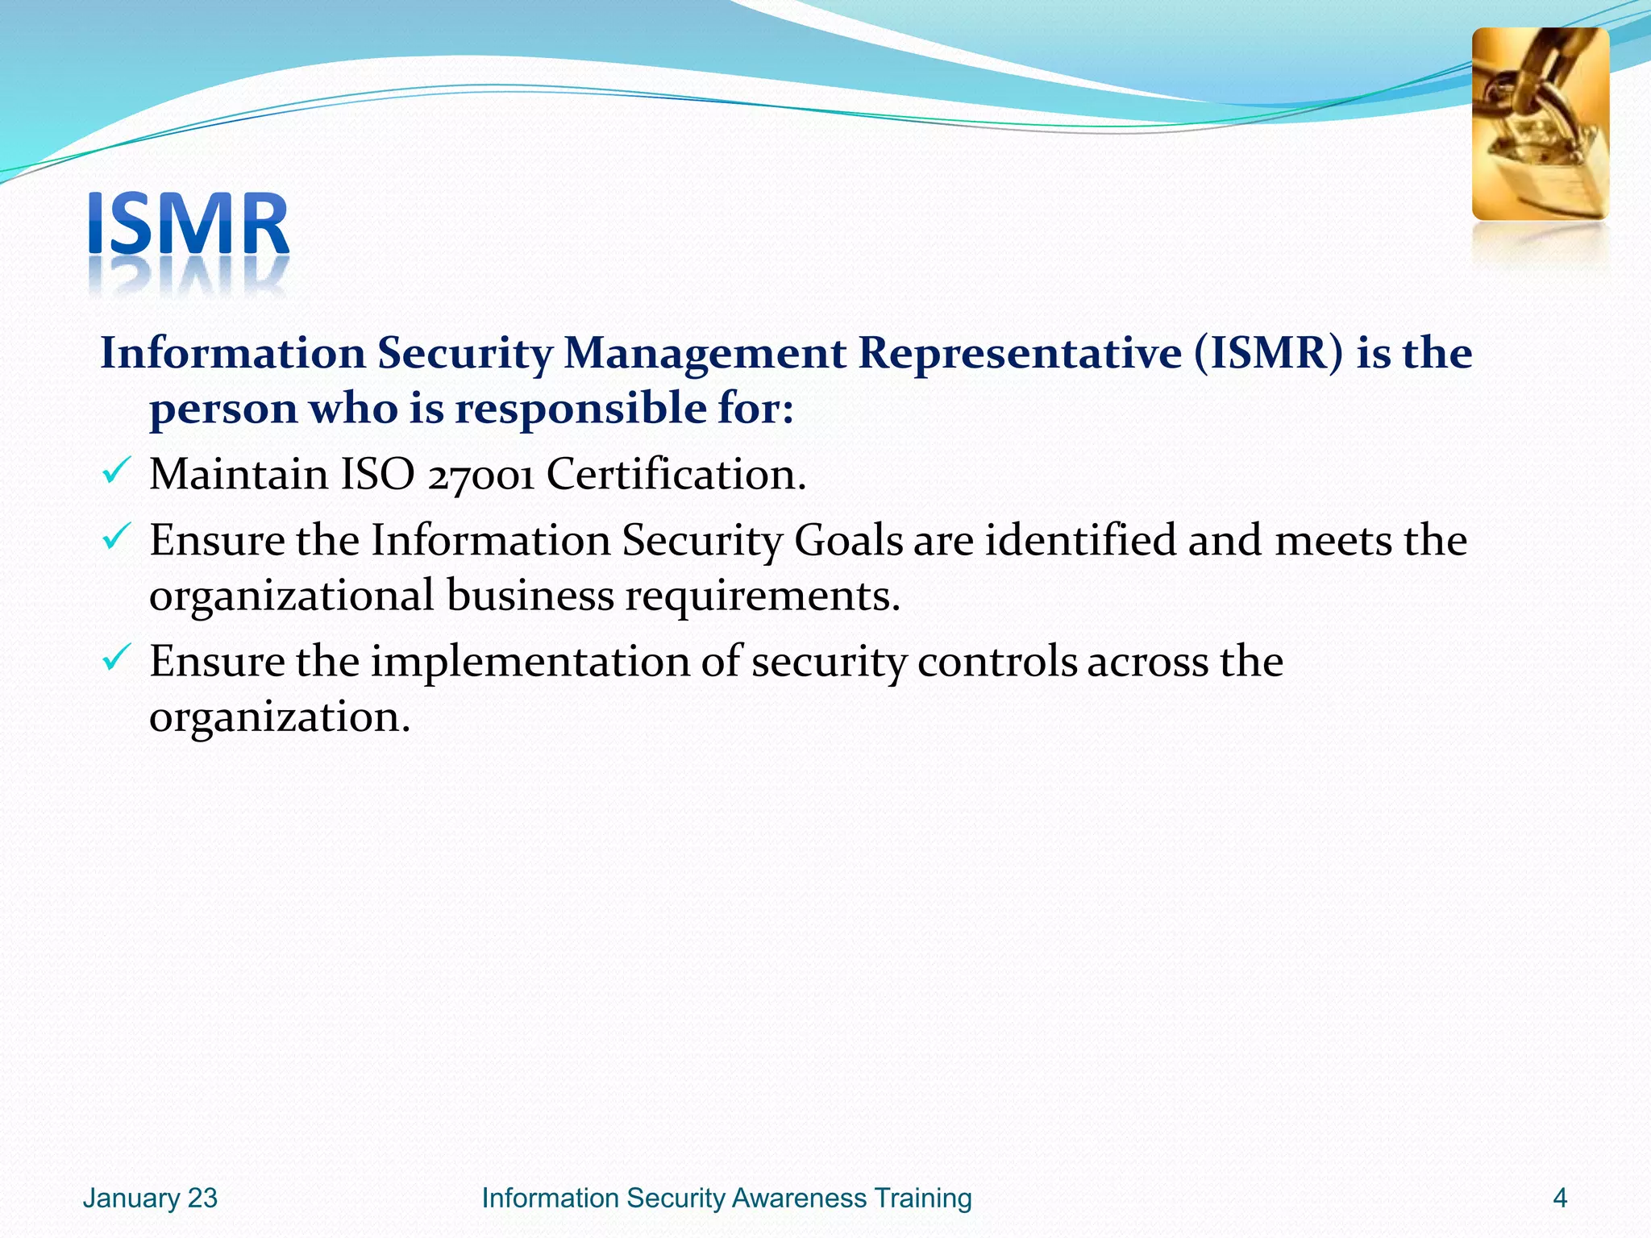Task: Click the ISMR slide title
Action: [x=188, y=226]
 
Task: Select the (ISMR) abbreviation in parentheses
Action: [x=1269, y=354]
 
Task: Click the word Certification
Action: [x=676, y=474]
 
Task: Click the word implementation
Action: [x=529, y=663]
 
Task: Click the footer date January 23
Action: [x=150, y=1198]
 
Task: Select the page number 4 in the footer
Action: [x=1559, y=1198]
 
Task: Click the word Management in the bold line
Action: [x=704, y=354]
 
